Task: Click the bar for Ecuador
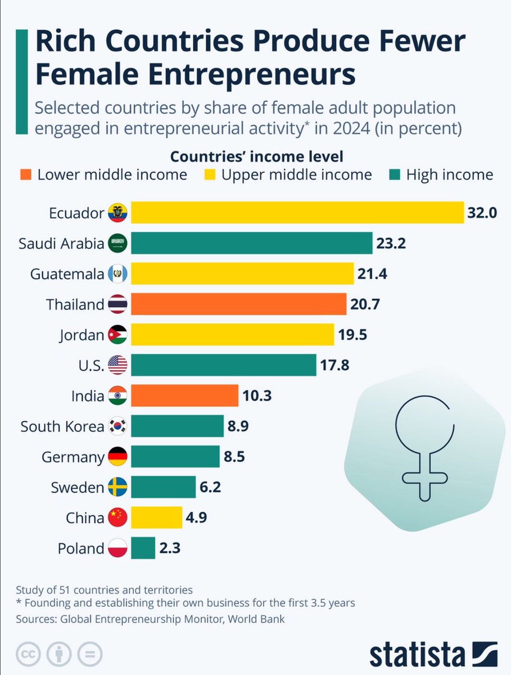click(297, 212)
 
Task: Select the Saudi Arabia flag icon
click(117, 243)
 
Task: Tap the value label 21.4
click(372, 274)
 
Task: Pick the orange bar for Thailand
click(238, 304)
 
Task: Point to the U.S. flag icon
click(117, 366)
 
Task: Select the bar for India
click(185, 395)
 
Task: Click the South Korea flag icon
click(117, 426)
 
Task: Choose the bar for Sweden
click(164, 487)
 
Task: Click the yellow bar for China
click(156, 517)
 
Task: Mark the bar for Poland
click(143, 548)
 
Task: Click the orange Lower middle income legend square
click(27, 175)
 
